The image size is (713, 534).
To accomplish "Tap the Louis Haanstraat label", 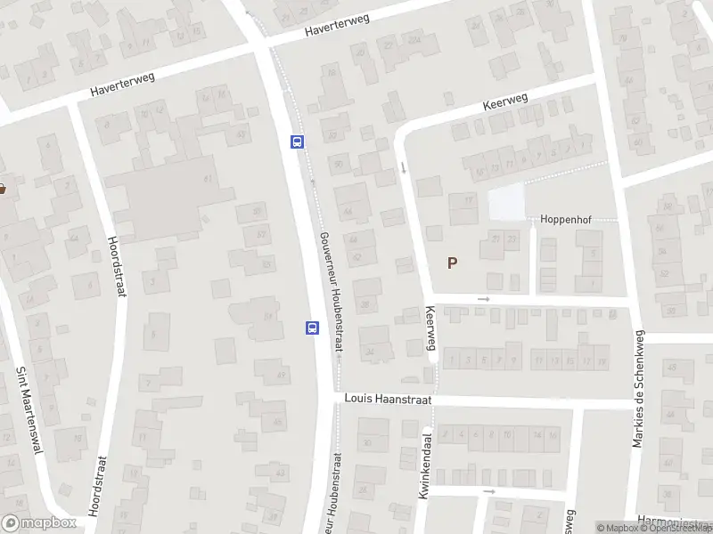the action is (x=388, y=400).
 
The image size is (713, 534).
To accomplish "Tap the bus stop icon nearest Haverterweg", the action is (x=297, y=141).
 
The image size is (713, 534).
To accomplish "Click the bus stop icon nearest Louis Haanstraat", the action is (x=313, y=328).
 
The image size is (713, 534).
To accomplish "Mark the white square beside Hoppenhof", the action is (x=505, y=204).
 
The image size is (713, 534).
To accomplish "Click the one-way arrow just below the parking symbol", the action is (x=483, y=299).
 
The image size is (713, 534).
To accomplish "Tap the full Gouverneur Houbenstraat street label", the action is (x=328, y=290).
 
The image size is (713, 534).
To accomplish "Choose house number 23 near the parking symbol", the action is (x=512, y=239).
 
